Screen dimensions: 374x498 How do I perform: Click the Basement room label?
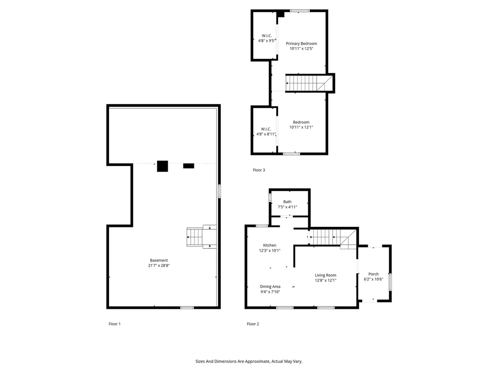(159, 260)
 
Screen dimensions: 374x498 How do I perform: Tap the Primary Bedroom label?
(301, 44)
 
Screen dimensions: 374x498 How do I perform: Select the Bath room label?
(287, 202)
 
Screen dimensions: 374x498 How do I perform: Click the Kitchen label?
(269, 245)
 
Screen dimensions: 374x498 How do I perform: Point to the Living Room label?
(325, 275)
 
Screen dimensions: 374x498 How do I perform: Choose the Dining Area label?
(270, 286)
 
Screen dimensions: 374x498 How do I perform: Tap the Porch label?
(373, 274)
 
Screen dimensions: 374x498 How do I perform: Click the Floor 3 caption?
(259, 170)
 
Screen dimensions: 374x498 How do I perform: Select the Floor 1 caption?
(114, 324)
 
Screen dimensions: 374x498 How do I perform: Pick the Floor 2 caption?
(253, 324)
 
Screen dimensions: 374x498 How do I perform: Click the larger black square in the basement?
(162, 166)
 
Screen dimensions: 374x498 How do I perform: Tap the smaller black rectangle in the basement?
(189, 166)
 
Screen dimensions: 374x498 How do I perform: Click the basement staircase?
(196, 237)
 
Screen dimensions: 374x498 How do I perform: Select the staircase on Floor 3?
(302, 83)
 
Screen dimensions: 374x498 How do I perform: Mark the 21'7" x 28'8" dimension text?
(159, 266)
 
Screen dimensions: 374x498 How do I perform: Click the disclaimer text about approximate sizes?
(249, 361)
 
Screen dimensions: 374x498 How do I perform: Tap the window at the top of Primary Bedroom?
(300, 11)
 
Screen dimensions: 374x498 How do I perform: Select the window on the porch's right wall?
(390, 282)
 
